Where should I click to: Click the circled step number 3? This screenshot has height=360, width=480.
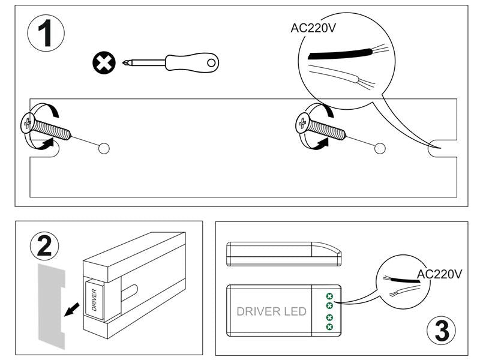(x=442, y=331)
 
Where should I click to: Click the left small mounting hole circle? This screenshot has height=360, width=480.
(x=103, y=148)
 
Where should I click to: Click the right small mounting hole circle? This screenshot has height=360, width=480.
(x=379, y=148)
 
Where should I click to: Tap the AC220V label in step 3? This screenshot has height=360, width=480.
(x=439, y=274)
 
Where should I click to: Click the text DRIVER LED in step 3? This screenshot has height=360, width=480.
(x=271, y=311)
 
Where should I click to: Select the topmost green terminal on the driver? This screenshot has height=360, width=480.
(x=329, y=296)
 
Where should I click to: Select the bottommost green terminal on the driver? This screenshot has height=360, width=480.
(x=329, y=327)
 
